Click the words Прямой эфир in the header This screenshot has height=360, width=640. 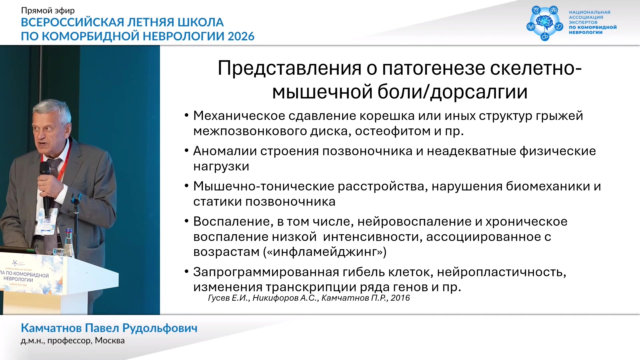[x=48, y=11]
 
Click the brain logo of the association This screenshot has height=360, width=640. [x=545, y=23]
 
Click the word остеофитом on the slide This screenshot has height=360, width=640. [x=393, y=131]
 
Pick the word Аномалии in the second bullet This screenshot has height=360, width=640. [x=225, y=151]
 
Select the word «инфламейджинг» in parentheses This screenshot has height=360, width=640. [x=325, y=252]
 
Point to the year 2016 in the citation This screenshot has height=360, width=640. [x=400, y=298]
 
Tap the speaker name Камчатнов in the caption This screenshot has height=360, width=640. [x=51, y=328]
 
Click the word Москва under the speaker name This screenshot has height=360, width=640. [x=110, y=341]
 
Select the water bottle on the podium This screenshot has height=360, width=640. [x=69, y=242]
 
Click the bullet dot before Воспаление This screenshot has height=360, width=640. [x=187, y=221]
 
